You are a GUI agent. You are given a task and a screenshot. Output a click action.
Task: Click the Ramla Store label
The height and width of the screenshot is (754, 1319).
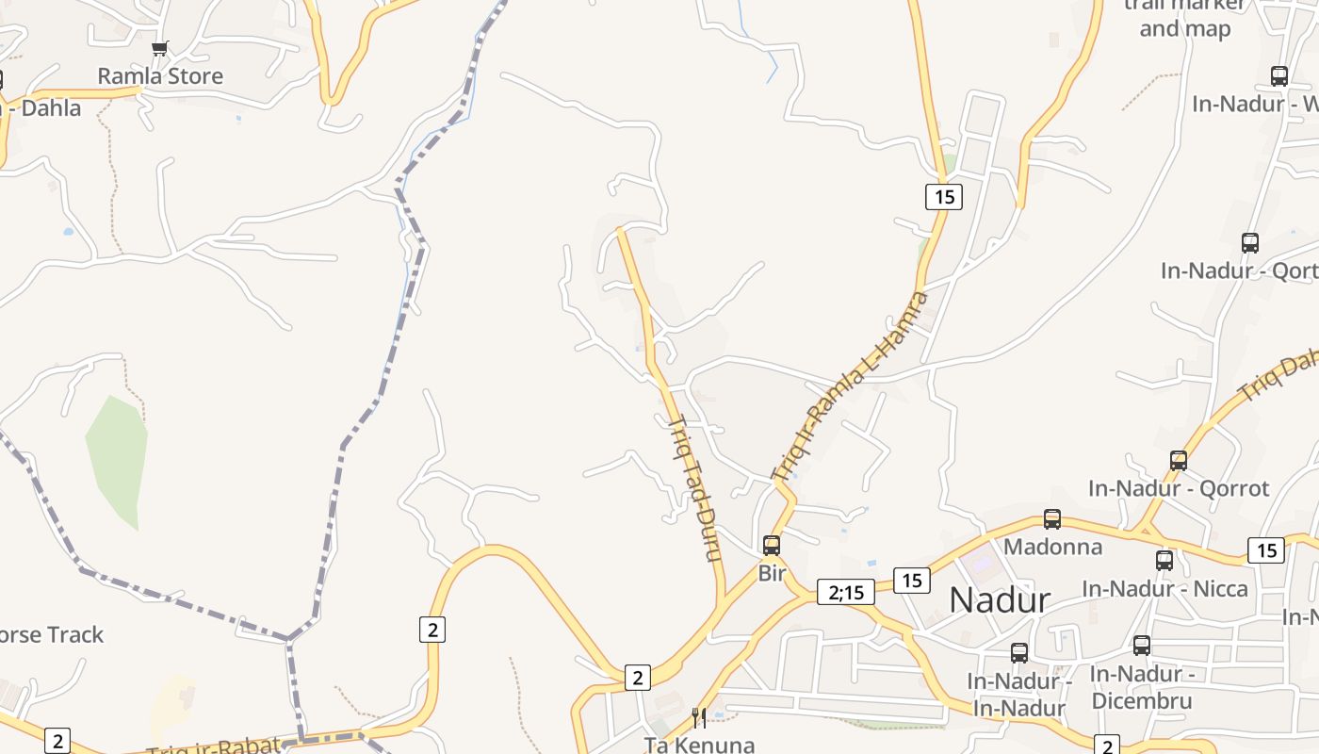pos(160,76)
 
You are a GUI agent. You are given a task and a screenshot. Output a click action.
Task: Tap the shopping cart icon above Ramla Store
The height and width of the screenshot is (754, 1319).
pos(160,48)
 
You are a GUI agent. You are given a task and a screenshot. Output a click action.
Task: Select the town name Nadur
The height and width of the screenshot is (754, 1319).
pos(999,599)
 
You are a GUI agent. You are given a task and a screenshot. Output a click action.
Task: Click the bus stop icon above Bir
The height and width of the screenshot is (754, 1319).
pos(772,545)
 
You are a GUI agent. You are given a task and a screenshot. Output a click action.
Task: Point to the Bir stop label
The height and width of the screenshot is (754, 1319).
pos(772,572)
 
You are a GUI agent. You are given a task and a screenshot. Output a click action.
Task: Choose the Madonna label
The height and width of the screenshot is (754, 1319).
pos(1052,547)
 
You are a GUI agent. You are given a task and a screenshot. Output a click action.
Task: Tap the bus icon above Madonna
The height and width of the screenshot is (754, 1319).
pos(1052,519)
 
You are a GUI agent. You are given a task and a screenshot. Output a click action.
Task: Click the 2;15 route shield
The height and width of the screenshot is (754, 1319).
pos(845,592)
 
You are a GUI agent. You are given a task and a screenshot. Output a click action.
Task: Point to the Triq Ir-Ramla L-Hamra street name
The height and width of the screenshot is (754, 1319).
pos(849,387)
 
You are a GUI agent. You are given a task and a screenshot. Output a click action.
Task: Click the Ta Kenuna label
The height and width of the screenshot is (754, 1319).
pos(699,745)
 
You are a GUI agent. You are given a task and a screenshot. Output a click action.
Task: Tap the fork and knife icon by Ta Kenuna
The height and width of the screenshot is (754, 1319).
pos(699,718)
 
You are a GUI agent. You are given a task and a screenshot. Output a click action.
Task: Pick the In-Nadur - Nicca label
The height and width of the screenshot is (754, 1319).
pos(1164,589)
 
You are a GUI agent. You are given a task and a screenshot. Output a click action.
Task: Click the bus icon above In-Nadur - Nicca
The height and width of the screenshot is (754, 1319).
pos(1164,561)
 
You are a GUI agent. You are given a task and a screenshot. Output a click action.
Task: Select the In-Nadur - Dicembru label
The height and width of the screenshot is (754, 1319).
pos(1142,688)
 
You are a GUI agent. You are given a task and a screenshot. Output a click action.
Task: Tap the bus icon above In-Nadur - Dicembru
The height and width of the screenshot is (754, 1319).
pos(1142,646)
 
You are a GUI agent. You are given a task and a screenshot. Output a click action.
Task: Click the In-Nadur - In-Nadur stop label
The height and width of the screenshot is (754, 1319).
pos(1019,695)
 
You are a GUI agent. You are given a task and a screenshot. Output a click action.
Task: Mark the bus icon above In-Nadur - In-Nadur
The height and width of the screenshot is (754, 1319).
pos(1019,652)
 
